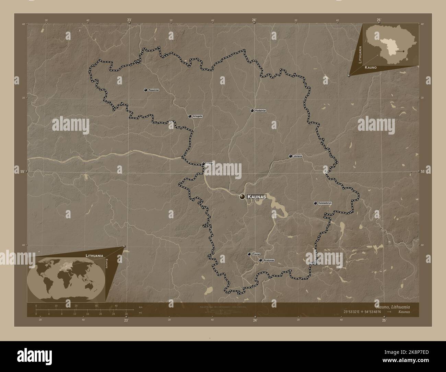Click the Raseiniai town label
(154, 90)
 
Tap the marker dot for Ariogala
(190, 116)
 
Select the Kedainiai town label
(260, 111)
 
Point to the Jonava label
(298, 156)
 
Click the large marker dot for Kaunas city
(243, 197)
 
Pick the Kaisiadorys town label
(325, 203)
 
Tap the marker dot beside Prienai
(249, 254)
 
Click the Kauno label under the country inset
(371, 68)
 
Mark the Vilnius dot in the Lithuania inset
(403, 51)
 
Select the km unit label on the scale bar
(141, 307)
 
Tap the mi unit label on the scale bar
(140, 313)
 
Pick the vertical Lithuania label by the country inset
(360, 55)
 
